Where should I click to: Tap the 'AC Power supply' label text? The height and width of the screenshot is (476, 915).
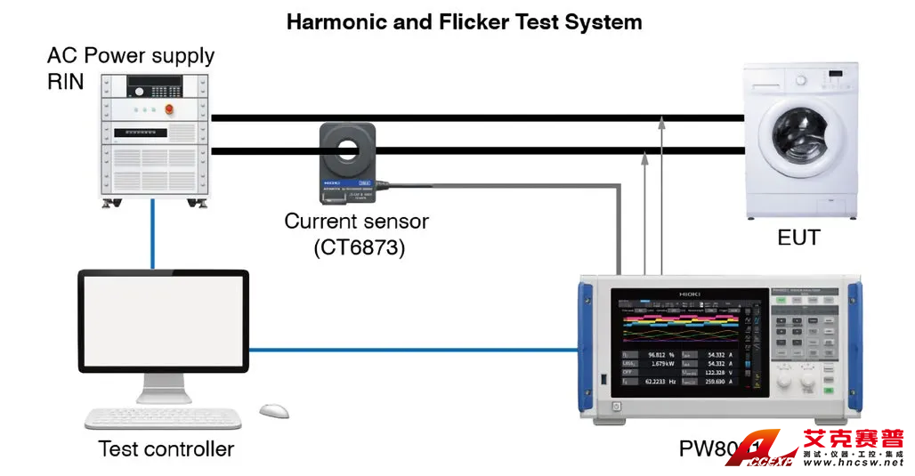click(131, 56)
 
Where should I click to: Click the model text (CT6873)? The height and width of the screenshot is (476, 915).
click(359, 248)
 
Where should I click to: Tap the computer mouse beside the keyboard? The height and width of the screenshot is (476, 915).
click(274, 410)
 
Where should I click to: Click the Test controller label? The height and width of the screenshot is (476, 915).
click(166, 448)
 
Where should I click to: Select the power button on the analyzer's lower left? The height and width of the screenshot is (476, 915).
click(616, 407)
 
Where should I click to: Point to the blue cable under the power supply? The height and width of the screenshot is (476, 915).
click(153, 233)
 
